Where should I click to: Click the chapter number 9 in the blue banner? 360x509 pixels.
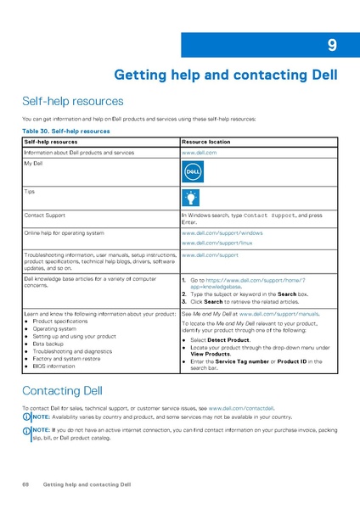[x=332, y=46]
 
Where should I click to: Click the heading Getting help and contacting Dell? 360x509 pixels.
[x=225, y=75]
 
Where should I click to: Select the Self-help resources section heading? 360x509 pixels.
[x=72, y=101]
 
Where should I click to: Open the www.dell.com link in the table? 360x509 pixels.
[x=200, y=152]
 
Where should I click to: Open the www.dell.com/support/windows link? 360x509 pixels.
[x=222, y=232]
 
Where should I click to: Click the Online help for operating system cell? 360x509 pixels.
[x=65, y=232]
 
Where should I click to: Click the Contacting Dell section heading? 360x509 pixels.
[x=62, y=391]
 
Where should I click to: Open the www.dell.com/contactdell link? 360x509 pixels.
[x=241, y=409]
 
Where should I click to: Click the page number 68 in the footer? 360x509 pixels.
[x=25, y=484]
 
